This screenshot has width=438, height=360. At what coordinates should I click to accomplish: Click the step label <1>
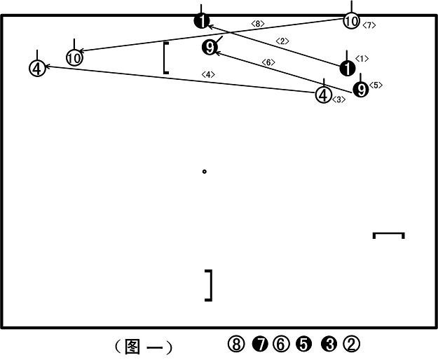point(362,59)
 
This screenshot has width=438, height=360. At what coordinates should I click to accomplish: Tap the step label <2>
point(282,41)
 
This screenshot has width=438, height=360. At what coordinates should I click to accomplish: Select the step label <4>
point(208,74)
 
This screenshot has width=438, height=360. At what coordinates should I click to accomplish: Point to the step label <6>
point(268,62)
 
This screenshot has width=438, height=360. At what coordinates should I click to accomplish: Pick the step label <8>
point(258,24)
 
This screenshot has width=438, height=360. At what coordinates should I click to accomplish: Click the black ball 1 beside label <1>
point(348,69)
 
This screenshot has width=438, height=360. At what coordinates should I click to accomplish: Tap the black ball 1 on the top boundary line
point(202,21)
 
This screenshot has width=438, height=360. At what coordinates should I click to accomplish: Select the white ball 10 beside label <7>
point(351,21)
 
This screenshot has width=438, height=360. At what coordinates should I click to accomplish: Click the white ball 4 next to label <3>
point(324,95)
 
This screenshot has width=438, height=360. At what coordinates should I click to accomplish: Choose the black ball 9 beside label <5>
point(361,90)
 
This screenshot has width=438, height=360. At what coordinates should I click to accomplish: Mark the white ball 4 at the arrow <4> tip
point(37,69)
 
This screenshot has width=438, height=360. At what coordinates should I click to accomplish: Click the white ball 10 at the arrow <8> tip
point(74,58)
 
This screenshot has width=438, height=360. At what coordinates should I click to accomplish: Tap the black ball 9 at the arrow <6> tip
point(210,48)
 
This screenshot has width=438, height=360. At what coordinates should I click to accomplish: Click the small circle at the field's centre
point(204,172)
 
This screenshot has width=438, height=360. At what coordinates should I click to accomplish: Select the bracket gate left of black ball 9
point(165,58)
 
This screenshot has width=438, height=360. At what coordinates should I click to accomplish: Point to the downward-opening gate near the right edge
point(388,233)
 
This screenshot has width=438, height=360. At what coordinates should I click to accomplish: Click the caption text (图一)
point(143,347)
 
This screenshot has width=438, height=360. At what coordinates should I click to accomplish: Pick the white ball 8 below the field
point(236,344)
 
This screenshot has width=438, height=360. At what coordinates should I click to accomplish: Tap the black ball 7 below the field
point(260,344)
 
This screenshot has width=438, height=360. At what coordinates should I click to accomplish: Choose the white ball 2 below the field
point(351,344)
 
